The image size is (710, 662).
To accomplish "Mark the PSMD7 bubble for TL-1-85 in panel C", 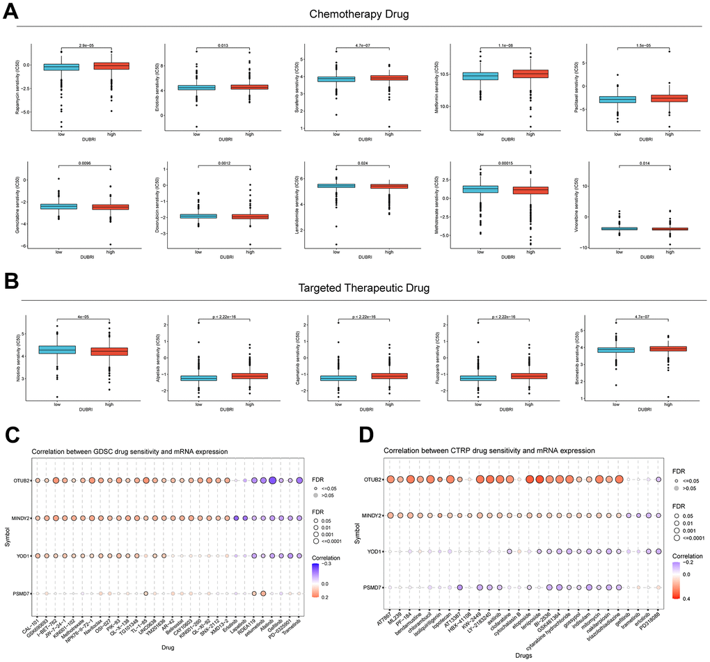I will click(x=145, y=593).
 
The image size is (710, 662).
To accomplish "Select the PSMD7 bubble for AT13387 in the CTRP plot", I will click(x=461, y=588).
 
